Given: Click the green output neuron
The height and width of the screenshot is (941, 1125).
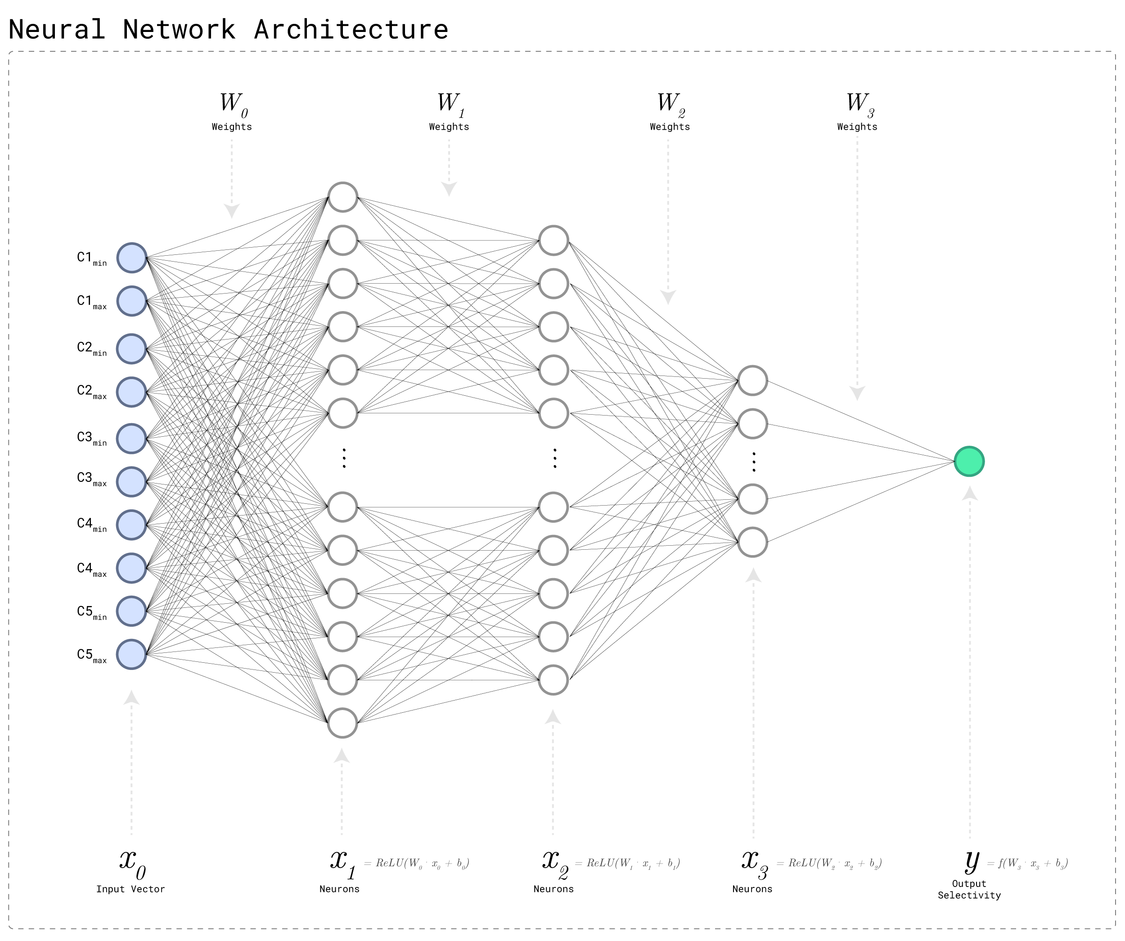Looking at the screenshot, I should click(969, 461).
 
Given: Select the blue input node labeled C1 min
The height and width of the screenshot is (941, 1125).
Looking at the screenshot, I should click(132, 258).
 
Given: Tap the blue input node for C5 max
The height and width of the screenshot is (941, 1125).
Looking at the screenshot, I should click(132, 654).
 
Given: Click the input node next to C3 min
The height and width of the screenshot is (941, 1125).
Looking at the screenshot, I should click(132, 439).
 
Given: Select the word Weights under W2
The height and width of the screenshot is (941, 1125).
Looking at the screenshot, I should click(670, 127).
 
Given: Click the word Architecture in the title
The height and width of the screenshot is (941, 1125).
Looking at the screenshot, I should click(351, 29).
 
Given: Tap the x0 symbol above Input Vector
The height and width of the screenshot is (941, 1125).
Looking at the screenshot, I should click(132, 863).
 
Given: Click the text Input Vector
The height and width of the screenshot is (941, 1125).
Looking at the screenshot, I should click(130, 889).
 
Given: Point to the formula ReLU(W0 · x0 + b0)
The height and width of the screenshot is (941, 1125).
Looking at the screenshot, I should click(416, 863).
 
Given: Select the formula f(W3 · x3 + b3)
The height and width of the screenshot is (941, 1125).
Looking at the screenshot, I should click(1027, 863).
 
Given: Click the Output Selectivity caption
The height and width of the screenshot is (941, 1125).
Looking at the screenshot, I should click(969, 890).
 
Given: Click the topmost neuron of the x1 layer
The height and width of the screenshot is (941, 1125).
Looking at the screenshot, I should click(343, 197).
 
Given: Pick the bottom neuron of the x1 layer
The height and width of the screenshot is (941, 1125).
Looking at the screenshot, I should click(343, 723).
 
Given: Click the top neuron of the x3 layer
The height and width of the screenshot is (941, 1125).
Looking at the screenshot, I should click(753, 380).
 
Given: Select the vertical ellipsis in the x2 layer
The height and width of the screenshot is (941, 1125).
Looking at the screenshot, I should click(554, 458).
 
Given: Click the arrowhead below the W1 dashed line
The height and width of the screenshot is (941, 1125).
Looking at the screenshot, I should click(449, 189).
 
